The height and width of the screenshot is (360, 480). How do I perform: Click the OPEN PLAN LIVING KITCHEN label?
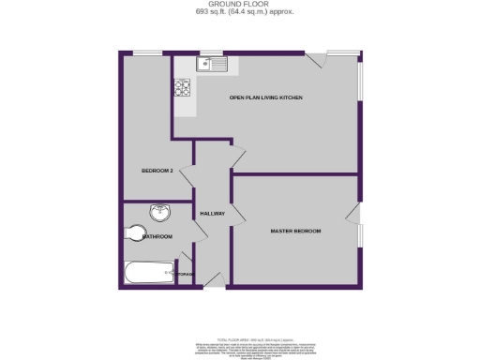266,97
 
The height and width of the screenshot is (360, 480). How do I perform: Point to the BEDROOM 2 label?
157,170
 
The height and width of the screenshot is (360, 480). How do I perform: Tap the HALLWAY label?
212,214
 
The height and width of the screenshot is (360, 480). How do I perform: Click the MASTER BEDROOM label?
295,231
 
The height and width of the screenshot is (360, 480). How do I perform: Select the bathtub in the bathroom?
147,274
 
